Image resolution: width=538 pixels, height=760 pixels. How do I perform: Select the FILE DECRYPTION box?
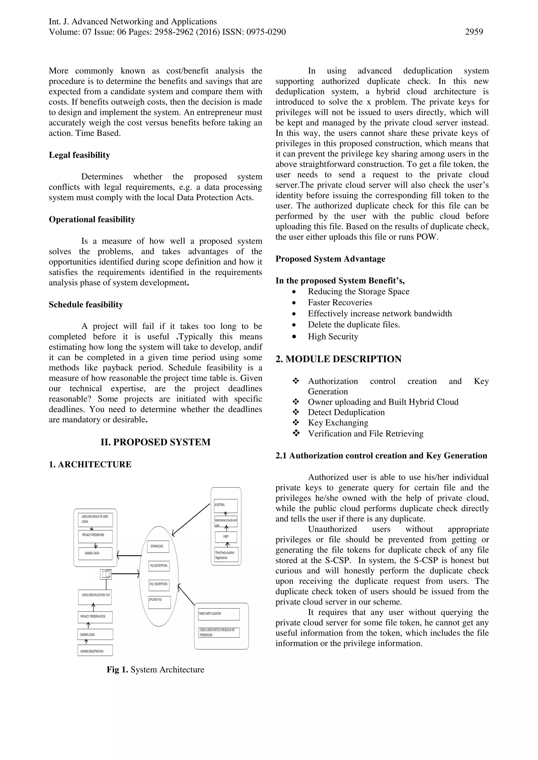(159, 566)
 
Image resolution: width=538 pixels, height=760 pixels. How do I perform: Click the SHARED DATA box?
(95, 553)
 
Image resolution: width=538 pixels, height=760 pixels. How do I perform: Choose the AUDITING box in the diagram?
(226, 506)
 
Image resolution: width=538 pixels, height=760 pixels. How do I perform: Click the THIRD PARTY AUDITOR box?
(219, 614)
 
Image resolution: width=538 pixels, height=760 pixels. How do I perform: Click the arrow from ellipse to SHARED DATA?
(129, 556)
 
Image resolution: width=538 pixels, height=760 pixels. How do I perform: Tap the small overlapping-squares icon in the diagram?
(106, 574)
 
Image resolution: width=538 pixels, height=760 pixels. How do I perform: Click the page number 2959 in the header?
(474, 32)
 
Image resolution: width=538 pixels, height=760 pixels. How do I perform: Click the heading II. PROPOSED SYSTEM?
(155, 442)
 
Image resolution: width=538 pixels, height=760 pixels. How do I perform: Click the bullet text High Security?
(333, 336)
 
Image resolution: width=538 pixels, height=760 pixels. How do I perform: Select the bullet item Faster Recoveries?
(340, 302)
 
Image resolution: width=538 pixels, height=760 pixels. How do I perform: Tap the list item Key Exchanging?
(338, 423)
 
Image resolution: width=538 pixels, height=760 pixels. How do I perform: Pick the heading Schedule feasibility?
(86, 304)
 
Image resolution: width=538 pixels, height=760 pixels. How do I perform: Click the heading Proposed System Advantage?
(330, 259)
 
